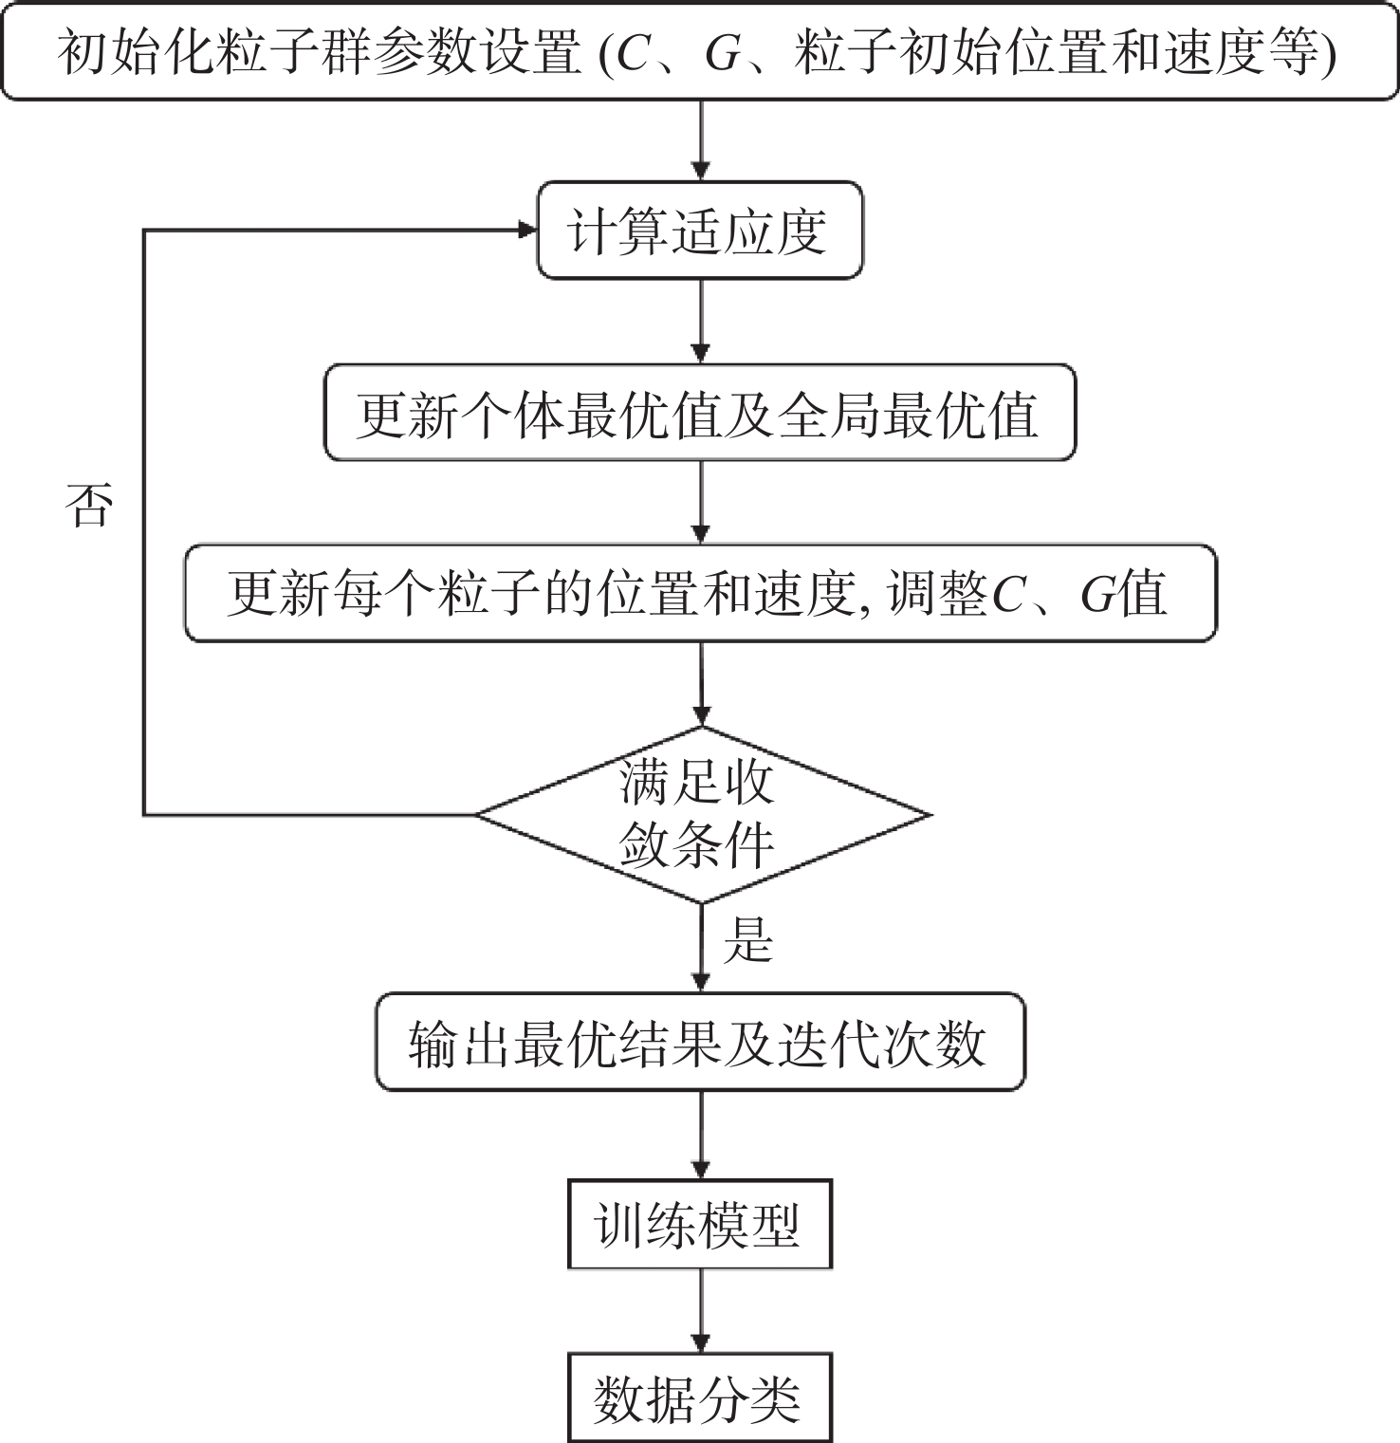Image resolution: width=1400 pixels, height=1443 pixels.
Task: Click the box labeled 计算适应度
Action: [x=700, y=231]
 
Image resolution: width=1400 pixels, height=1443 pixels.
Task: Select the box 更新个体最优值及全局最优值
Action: [x=700, y=413]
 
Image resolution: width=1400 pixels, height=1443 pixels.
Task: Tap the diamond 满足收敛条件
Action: [x=702, y=815]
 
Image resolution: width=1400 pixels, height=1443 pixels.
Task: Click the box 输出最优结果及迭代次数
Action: [x=700, y=1042]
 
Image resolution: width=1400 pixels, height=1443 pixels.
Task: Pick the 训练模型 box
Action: [x=700, y=1225]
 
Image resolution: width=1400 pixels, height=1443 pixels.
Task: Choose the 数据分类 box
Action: [x=700, y=1398]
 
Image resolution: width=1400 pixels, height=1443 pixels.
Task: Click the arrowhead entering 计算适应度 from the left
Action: [x=528, y=231]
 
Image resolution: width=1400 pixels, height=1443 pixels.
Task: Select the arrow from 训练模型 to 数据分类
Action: [x=701, y=1311]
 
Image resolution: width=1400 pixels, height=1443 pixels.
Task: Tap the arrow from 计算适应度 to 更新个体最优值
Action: [x=701, y=322]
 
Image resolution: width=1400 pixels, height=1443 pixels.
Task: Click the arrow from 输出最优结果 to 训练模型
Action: [x=701, y=1135]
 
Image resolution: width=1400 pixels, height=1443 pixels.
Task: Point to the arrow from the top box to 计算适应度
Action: [x=701, y=140]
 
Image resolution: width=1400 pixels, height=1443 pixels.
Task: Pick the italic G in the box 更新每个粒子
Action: [x=1097, y=595]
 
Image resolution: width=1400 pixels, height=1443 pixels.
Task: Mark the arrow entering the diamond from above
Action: [x=702, y=684]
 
